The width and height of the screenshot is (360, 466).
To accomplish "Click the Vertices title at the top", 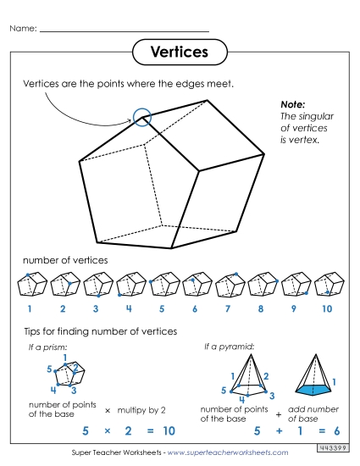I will (179, 53).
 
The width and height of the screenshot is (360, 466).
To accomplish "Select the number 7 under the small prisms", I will (228, 309).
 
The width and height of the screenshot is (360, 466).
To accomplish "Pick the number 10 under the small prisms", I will (327, 309).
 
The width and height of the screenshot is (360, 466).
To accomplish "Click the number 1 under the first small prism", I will (30, 309).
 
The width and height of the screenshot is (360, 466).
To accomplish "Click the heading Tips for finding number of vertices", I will (100, 330).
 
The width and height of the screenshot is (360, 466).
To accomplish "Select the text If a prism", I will (42, 347).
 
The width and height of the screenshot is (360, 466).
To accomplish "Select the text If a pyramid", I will (224, 347).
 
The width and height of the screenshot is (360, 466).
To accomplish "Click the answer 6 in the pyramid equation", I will (335, 431).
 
